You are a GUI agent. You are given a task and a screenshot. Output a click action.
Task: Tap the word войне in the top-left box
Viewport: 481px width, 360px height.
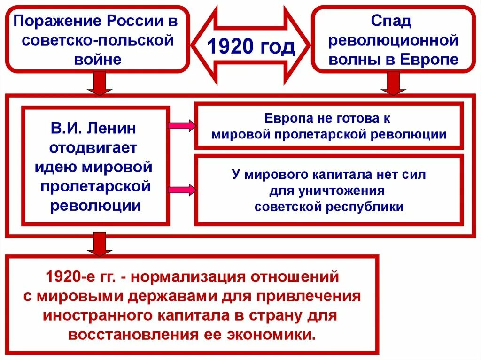(x=98, y=60)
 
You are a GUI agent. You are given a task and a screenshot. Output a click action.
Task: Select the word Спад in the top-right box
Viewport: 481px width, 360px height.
(x=391, y=21)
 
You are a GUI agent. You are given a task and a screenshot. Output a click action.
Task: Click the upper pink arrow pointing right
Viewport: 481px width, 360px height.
(x=181, y=126)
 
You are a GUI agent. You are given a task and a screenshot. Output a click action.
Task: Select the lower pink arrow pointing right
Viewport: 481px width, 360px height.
(x=181, y=190)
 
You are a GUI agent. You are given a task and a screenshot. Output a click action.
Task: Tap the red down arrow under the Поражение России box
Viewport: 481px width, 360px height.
(x=100, y=84)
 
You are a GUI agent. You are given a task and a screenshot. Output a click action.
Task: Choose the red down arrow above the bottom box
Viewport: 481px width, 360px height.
(x=100, y=244)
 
